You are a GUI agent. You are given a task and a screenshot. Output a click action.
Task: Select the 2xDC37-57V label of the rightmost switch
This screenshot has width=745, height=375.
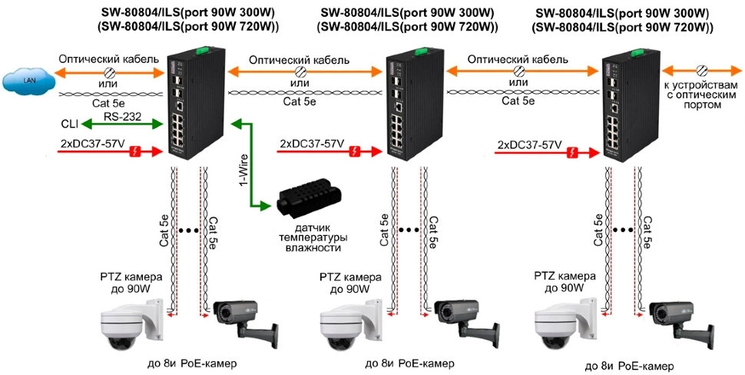pyautogui.click(x=529, y=144)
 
